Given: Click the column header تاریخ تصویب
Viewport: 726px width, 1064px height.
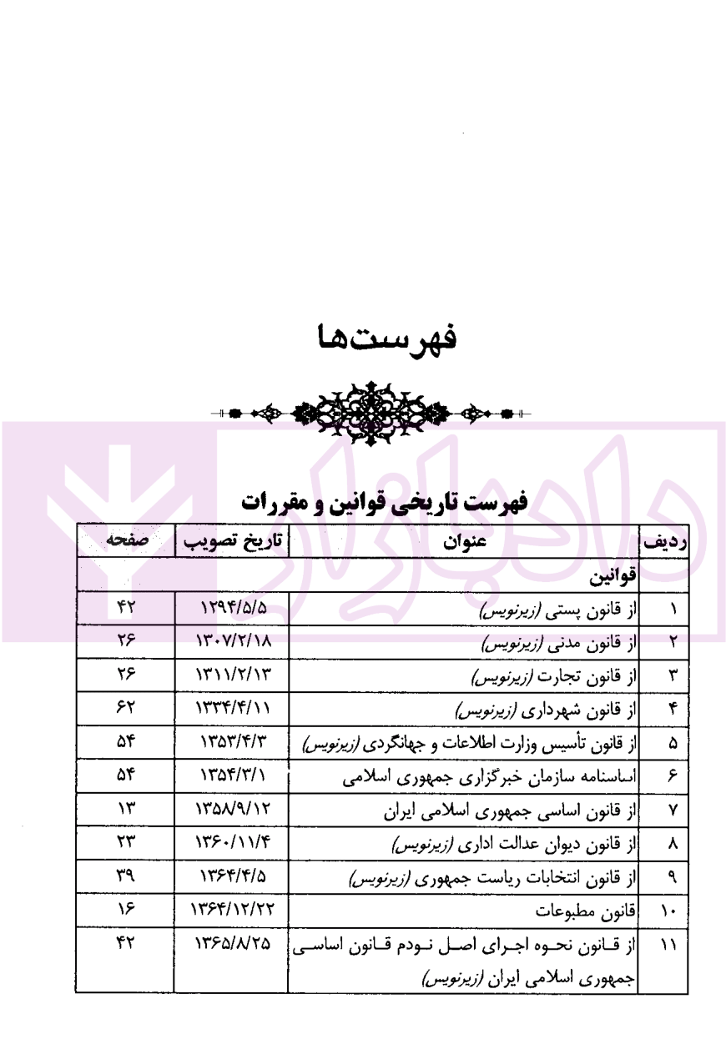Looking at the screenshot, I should pos(232,542).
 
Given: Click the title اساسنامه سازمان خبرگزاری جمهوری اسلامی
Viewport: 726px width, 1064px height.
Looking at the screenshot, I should pos(490,776).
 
